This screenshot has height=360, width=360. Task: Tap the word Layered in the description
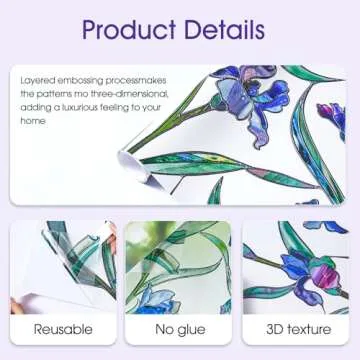pos(36,79)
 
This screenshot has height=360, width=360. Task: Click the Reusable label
pos(64,329)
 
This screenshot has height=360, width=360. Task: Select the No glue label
pos(180,329)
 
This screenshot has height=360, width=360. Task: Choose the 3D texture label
pos(295,329)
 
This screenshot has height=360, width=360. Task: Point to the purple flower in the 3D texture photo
pos(300,268)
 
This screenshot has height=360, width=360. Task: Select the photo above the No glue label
pos(180,266)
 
